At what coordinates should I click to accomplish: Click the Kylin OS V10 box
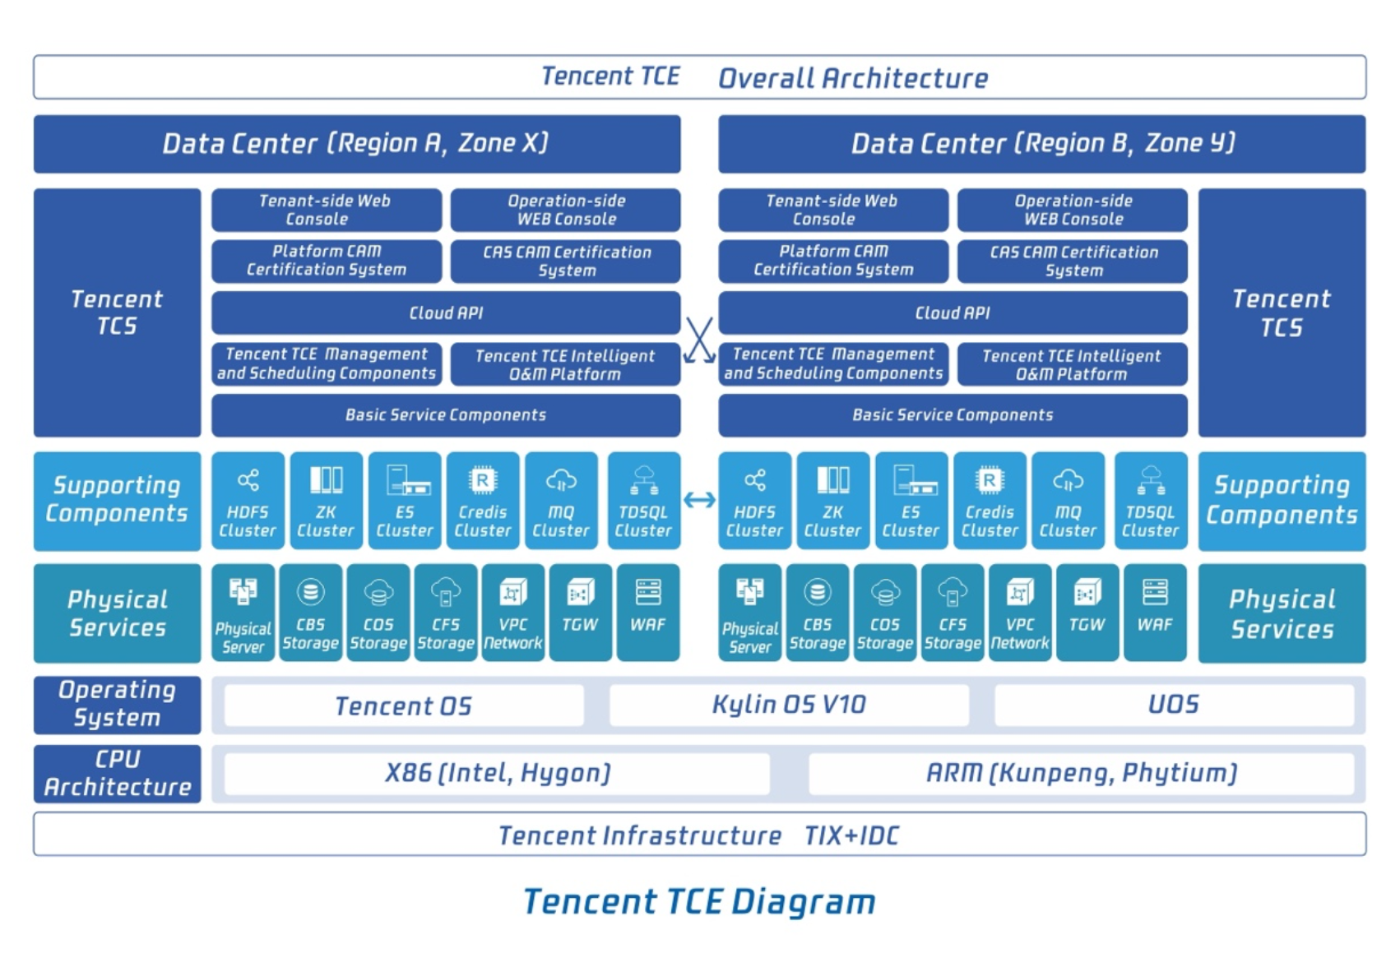click(789, 705)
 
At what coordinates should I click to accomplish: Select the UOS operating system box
click(1174, 705)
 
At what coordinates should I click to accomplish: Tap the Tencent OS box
click(404, 705)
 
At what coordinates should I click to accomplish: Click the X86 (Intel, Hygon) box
click(497, 774)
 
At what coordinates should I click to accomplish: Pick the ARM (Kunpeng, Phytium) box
click(1081, 774)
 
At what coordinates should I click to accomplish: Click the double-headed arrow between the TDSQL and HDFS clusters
click(699, 500)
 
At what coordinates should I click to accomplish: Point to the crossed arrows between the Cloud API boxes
click(699, 340)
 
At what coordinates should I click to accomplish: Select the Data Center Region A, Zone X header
click(357, 144)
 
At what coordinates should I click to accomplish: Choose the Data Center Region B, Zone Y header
click(1042, 144)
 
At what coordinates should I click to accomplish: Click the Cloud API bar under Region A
click(446, 312)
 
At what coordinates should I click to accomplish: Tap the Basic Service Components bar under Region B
click(953, 415)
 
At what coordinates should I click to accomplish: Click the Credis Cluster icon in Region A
click(483, 480)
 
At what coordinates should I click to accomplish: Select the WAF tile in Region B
click(1154, 613)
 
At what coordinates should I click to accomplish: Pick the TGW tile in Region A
click(580, 613)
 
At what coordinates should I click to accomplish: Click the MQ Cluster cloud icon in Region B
click(1069, 480)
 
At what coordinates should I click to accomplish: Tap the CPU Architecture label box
click(118, 774)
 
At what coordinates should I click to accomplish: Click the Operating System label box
click(118, 705)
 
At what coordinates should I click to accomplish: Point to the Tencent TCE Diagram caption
click(699, 902)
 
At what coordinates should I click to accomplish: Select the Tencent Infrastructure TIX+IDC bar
click(699, 835)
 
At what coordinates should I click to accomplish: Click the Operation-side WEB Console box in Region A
click(566, 210)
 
